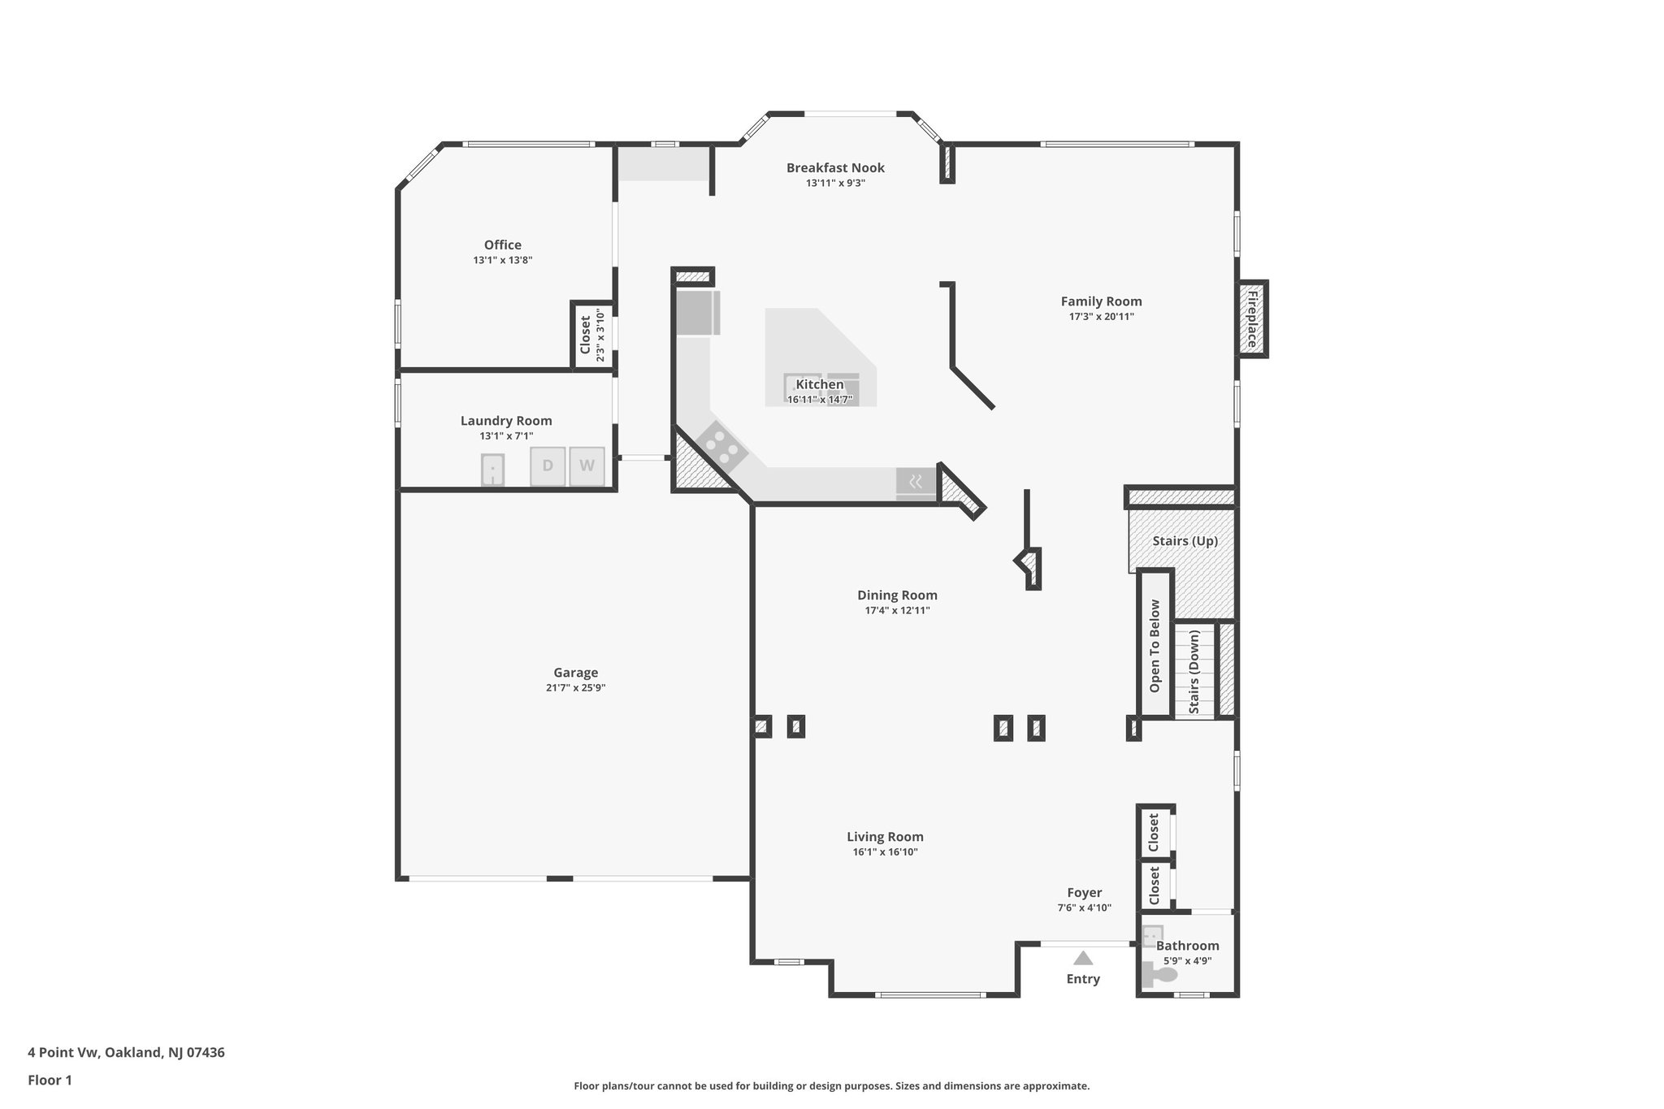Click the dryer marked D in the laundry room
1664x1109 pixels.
coord(548,466)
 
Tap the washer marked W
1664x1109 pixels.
coord(587,466)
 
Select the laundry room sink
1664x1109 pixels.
coord(492,470)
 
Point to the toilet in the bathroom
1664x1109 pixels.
coord(1157,973)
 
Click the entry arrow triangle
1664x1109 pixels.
coord(1083,958)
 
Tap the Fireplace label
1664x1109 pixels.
coord(1252,318)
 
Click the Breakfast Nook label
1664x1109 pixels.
coord(835,168)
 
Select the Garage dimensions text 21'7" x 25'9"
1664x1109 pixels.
coord(575,688)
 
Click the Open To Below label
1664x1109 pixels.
coord(1155,646)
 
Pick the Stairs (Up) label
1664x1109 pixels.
coord(1185,541)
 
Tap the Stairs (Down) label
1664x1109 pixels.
coord(1194,671)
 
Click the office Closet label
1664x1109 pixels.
coord(585,335)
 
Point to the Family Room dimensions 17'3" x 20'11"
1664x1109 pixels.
coord(1101,317)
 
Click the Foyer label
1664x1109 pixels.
coord(1084,893)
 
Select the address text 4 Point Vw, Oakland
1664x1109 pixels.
coord(126,1053)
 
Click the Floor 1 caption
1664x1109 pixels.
coord(50,1081)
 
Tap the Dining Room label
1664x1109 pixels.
coord(897,596)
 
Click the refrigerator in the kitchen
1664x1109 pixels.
coord(697,313)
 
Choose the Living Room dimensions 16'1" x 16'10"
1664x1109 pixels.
coord(885,852)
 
